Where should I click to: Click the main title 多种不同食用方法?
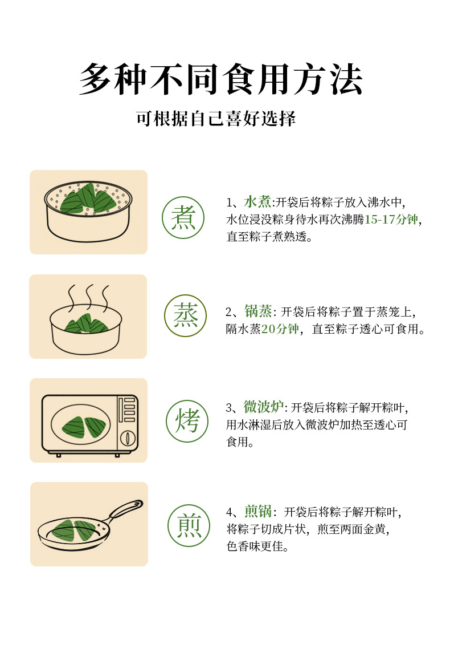(221, 79)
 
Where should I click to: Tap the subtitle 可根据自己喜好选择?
(216, 119)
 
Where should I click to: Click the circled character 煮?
(183, 217)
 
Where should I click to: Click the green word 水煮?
(257, 202)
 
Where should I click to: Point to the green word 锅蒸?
(257, 311)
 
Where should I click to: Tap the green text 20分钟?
(280, 329)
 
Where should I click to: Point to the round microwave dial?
(128, 438)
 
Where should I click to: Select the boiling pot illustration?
(88, 213)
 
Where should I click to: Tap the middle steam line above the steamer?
(89, 295)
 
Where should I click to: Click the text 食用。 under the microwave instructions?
(240, 442)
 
